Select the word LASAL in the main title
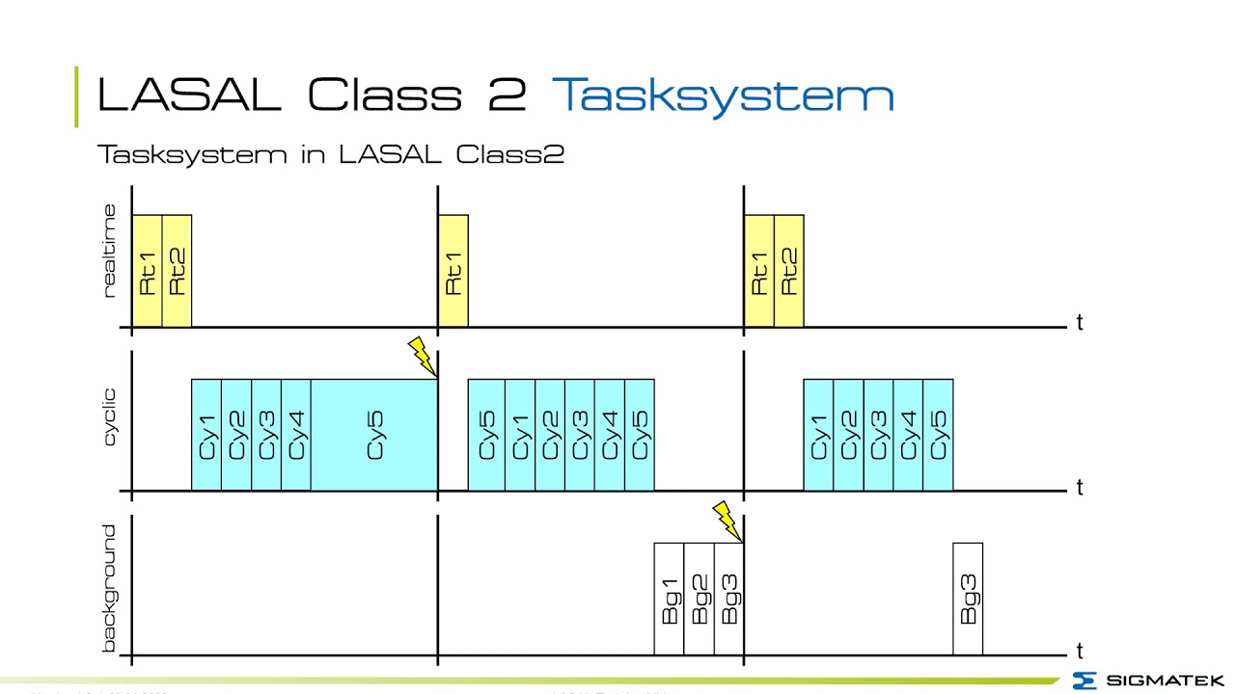coord(189,95)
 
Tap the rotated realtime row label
coord(109,252)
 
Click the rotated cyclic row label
coord(109,416)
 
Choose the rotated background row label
coord(109,588)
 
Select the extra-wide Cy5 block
coord(374,435)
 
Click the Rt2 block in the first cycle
coord(177,271)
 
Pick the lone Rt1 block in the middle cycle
coord(453,271)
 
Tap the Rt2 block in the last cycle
coord(788,271)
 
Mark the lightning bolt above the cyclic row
coord(422,356)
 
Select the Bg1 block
coord(670,599)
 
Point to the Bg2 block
coord(700,599)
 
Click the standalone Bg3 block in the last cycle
coord(968,599)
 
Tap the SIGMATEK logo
coord(1147,681)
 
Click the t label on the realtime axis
coord(1079,323)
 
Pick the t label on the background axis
coord(1079,652)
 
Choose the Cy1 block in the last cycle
coord(818,435)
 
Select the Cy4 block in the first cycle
coord(296,435)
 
